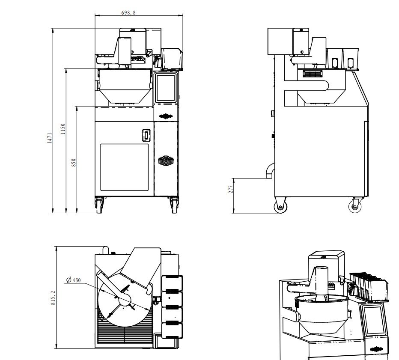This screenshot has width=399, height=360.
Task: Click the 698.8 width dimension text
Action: click(x=128, y=12)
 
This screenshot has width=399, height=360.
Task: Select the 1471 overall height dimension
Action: click(x=50, y=138)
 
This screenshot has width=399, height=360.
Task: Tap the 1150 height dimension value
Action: click(x=63, y=129)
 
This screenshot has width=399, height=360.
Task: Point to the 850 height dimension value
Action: click(x=74, y=163)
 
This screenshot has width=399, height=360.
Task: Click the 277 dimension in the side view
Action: click(x=231, y=189)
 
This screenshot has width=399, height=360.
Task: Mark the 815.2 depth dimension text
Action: click(x=53, y=298)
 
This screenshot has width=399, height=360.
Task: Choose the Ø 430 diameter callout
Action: click(x=74, y=280)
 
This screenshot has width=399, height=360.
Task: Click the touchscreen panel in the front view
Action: click(x=166, y=88)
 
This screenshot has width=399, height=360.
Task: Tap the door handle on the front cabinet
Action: click(x=146, y=135)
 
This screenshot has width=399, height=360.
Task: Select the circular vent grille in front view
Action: click(x=166, y=161)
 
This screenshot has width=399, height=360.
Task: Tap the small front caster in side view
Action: click(x=355, y=206)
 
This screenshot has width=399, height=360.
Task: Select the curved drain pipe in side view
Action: click(x=271, y=170)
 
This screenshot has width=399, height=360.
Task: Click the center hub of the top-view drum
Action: click(x=125, y=300)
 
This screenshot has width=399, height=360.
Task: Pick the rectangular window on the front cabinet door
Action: click(x=125, y=167)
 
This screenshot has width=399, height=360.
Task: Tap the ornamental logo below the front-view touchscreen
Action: click(x=166, y=116)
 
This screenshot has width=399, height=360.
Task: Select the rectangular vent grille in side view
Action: click(x=313, y=74)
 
